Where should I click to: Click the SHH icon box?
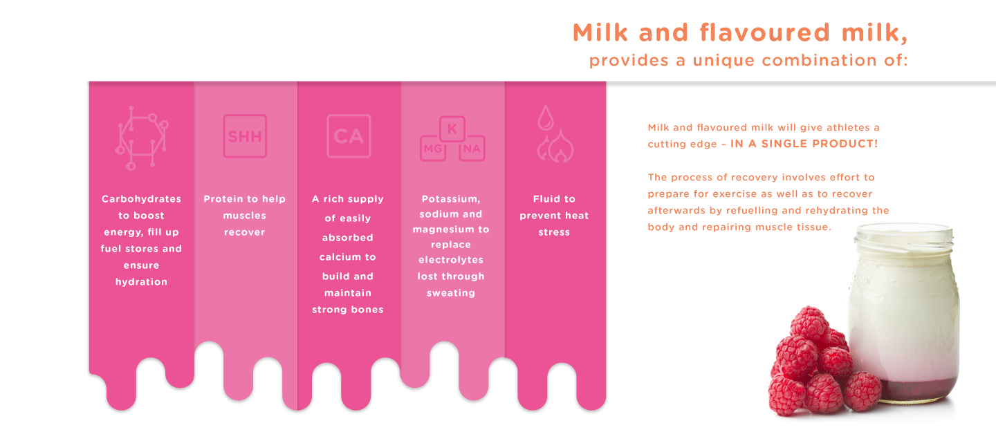(245, 136)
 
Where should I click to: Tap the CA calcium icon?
(349, 136)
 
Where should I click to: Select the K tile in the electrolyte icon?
(452, 129)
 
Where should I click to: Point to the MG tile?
(433, 148)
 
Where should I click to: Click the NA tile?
(472, 148)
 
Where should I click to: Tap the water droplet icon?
(546, 118)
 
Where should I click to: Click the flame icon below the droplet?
(555, 147)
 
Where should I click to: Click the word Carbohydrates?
(141, 198)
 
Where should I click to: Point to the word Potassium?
(451, 198)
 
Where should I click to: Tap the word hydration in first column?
(141, 282)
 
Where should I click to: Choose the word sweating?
(451, 293)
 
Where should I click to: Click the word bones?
(367, 310)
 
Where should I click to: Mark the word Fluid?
(544, 198)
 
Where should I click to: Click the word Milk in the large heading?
(600, 32)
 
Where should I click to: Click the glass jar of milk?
(903, 313)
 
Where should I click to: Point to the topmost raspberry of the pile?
(809, 321)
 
